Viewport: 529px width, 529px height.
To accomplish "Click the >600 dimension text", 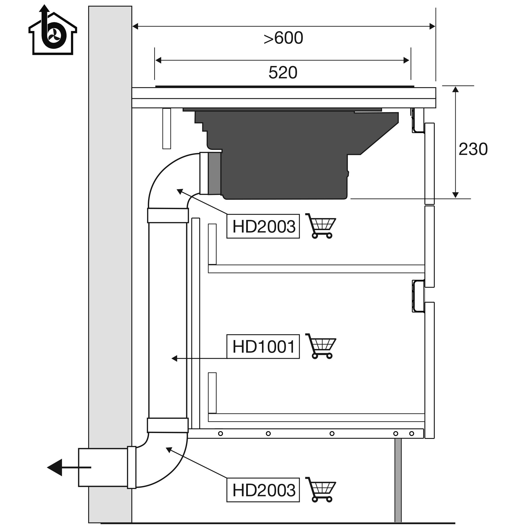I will point(283,38).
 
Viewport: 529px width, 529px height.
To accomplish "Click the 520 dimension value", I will point(283,73).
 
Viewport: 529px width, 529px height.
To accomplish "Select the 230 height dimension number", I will point(473,149).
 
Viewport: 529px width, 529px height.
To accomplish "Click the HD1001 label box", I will point(263,347).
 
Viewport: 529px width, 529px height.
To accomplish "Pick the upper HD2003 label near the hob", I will point(263,226).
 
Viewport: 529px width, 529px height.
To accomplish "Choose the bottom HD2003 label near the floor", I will point(263,490).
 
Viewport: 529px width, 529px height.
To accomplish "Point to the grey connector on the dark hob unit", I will point(214,174).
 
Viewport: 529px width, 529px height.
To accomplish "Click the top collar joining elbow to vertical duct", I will point(168,215).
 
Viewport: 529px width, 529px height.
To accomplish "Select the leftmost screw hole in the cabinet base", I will point(220,434).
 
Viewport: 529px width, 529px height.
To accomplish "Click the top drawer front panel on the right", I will point(429,164).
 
